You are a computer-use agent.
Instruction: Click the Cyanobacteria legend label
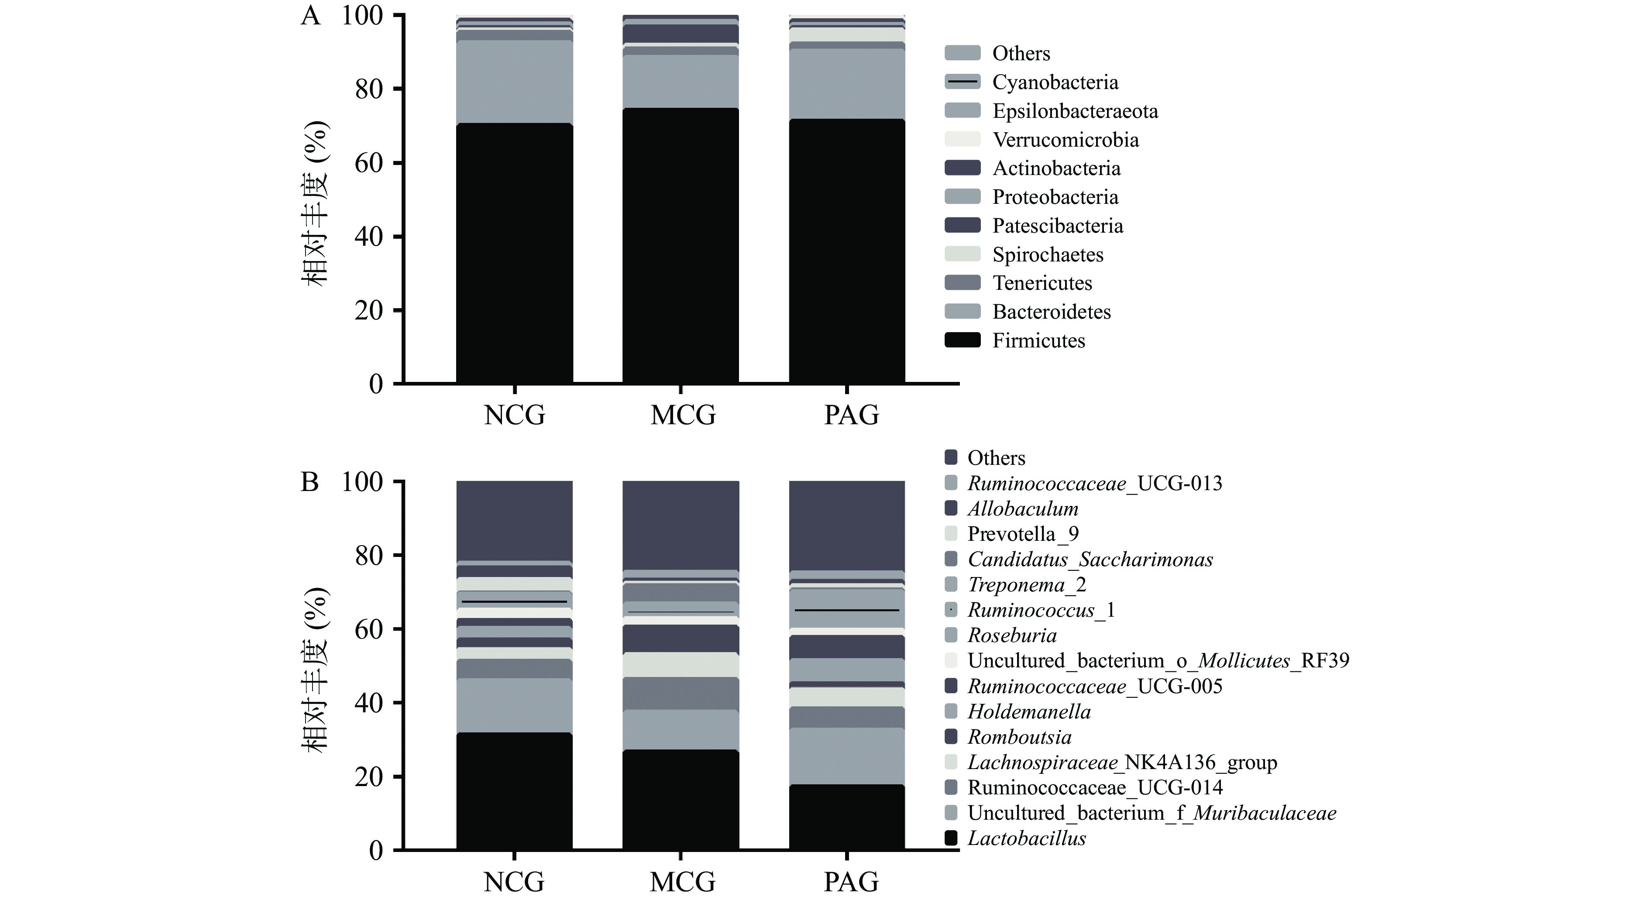1055,82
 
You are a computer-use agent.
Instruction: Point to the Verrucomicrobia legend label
1065,140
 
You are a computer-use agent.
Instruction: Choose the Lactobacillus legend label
1026,838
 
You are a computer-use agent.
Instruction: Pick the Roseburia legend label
1011,635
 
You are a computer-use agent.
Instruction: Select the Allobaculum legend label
1022,508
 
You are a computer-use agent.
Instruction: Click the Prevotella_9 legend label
1023,534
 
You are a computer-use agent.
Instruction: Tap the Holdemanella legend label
1029,712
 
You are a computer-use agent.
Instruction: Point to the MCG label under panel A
683,415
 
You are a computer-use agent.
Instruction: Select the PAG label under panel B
851,882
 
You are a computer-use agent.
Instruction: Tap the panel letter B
309,482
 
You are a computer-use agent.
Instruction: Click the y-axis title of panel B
315,670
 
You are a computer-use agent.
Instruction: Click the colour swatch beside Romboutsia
951,737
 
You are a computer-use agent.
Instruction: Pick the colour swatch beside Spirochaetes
962,254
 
